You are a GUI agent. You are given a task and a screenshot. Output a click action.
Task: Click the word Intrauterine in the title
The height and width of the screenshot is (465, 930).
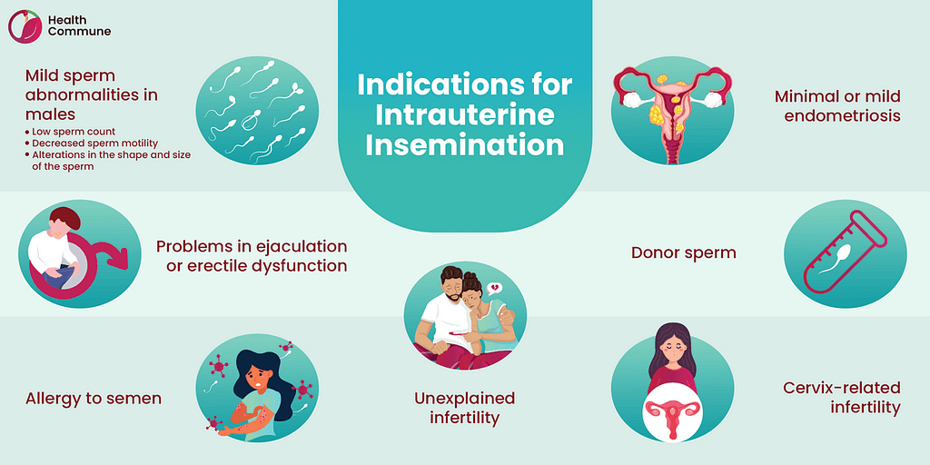464,115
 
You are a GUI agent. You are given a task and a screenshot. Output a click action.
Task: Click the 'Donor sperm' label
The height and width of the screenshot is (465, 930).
683,252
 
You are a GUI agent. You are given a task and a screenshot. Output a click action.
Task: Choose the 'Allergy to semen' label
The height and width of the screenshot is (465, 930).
94,398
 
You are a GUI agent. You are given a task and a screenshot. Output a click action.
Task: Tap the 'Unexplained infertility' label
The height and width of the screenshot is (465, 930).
464,408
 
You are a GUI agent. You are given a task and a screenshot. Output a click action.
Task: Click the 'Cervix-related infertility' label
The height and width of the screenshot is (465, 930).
841,397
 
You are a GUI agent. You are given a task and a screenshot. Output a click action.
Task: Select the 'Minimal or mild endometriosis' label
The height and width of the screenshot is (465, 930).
836,105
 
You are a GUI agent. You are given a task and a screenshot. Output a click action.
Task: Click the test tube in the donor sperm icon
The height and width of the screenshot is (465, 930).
845,254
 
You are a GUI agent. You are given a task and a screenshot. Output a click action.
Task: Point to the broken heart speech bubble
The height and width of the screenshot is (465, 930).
495,289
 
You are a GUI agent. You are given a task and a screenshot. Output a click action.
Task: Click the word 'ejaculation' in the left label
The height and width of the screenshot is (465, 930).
297,246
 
